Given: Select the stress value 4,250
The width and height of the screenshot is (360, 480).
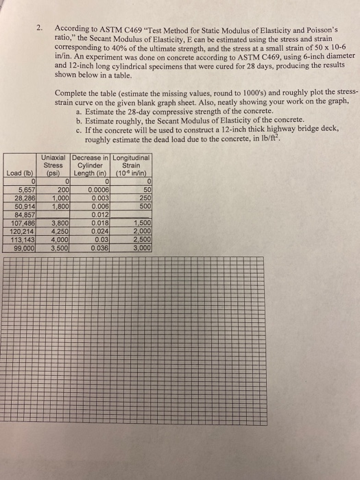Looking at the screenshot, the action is pos(58,231).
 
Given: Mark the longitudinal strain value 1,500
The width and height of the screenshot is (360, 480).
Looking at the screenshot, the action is pos(141,224).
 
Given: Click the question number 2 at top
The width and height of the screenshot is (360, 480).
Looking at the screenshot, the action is pos(40,27).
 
